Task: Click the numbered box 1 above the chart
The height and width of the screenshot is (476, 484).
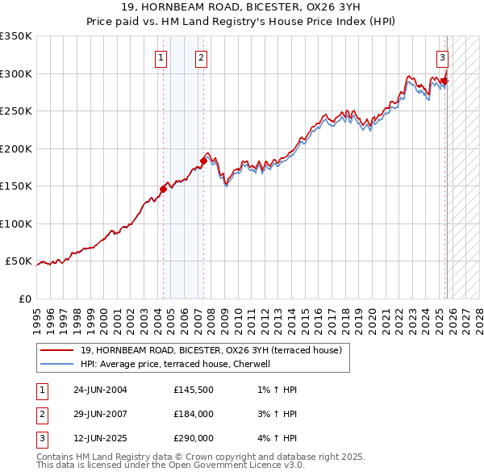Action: pyautogui.click(x=161, y=57)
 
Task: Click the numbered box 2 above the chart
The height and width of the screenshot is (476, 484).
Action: pyautogui.click(x=201, y=57)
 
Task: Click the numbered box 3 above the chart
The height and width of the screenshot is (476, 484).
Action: pyautogui.click(x=443, y=57)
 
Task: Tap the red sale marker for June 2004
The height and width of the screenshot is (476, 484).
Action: pyautogui.click(x=163, y=190)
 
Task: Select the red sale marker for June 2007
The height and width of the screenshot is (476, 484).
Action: pyautogui.click(x=203, y=161)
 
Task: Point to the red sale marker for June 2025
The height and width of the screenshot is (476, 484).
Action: pyautogui.click(x=444, y=81)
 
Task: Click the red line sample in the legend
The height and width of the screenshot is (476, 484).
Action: pyautogui.click(x=56, y=351)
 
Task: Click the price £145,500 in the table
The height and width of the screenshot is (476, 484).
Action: pyautogui.click(x=194, y=390)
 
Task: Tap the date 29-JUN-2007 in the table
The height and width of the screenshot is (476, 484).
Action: pyautogui.click(x=100, y=414)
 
